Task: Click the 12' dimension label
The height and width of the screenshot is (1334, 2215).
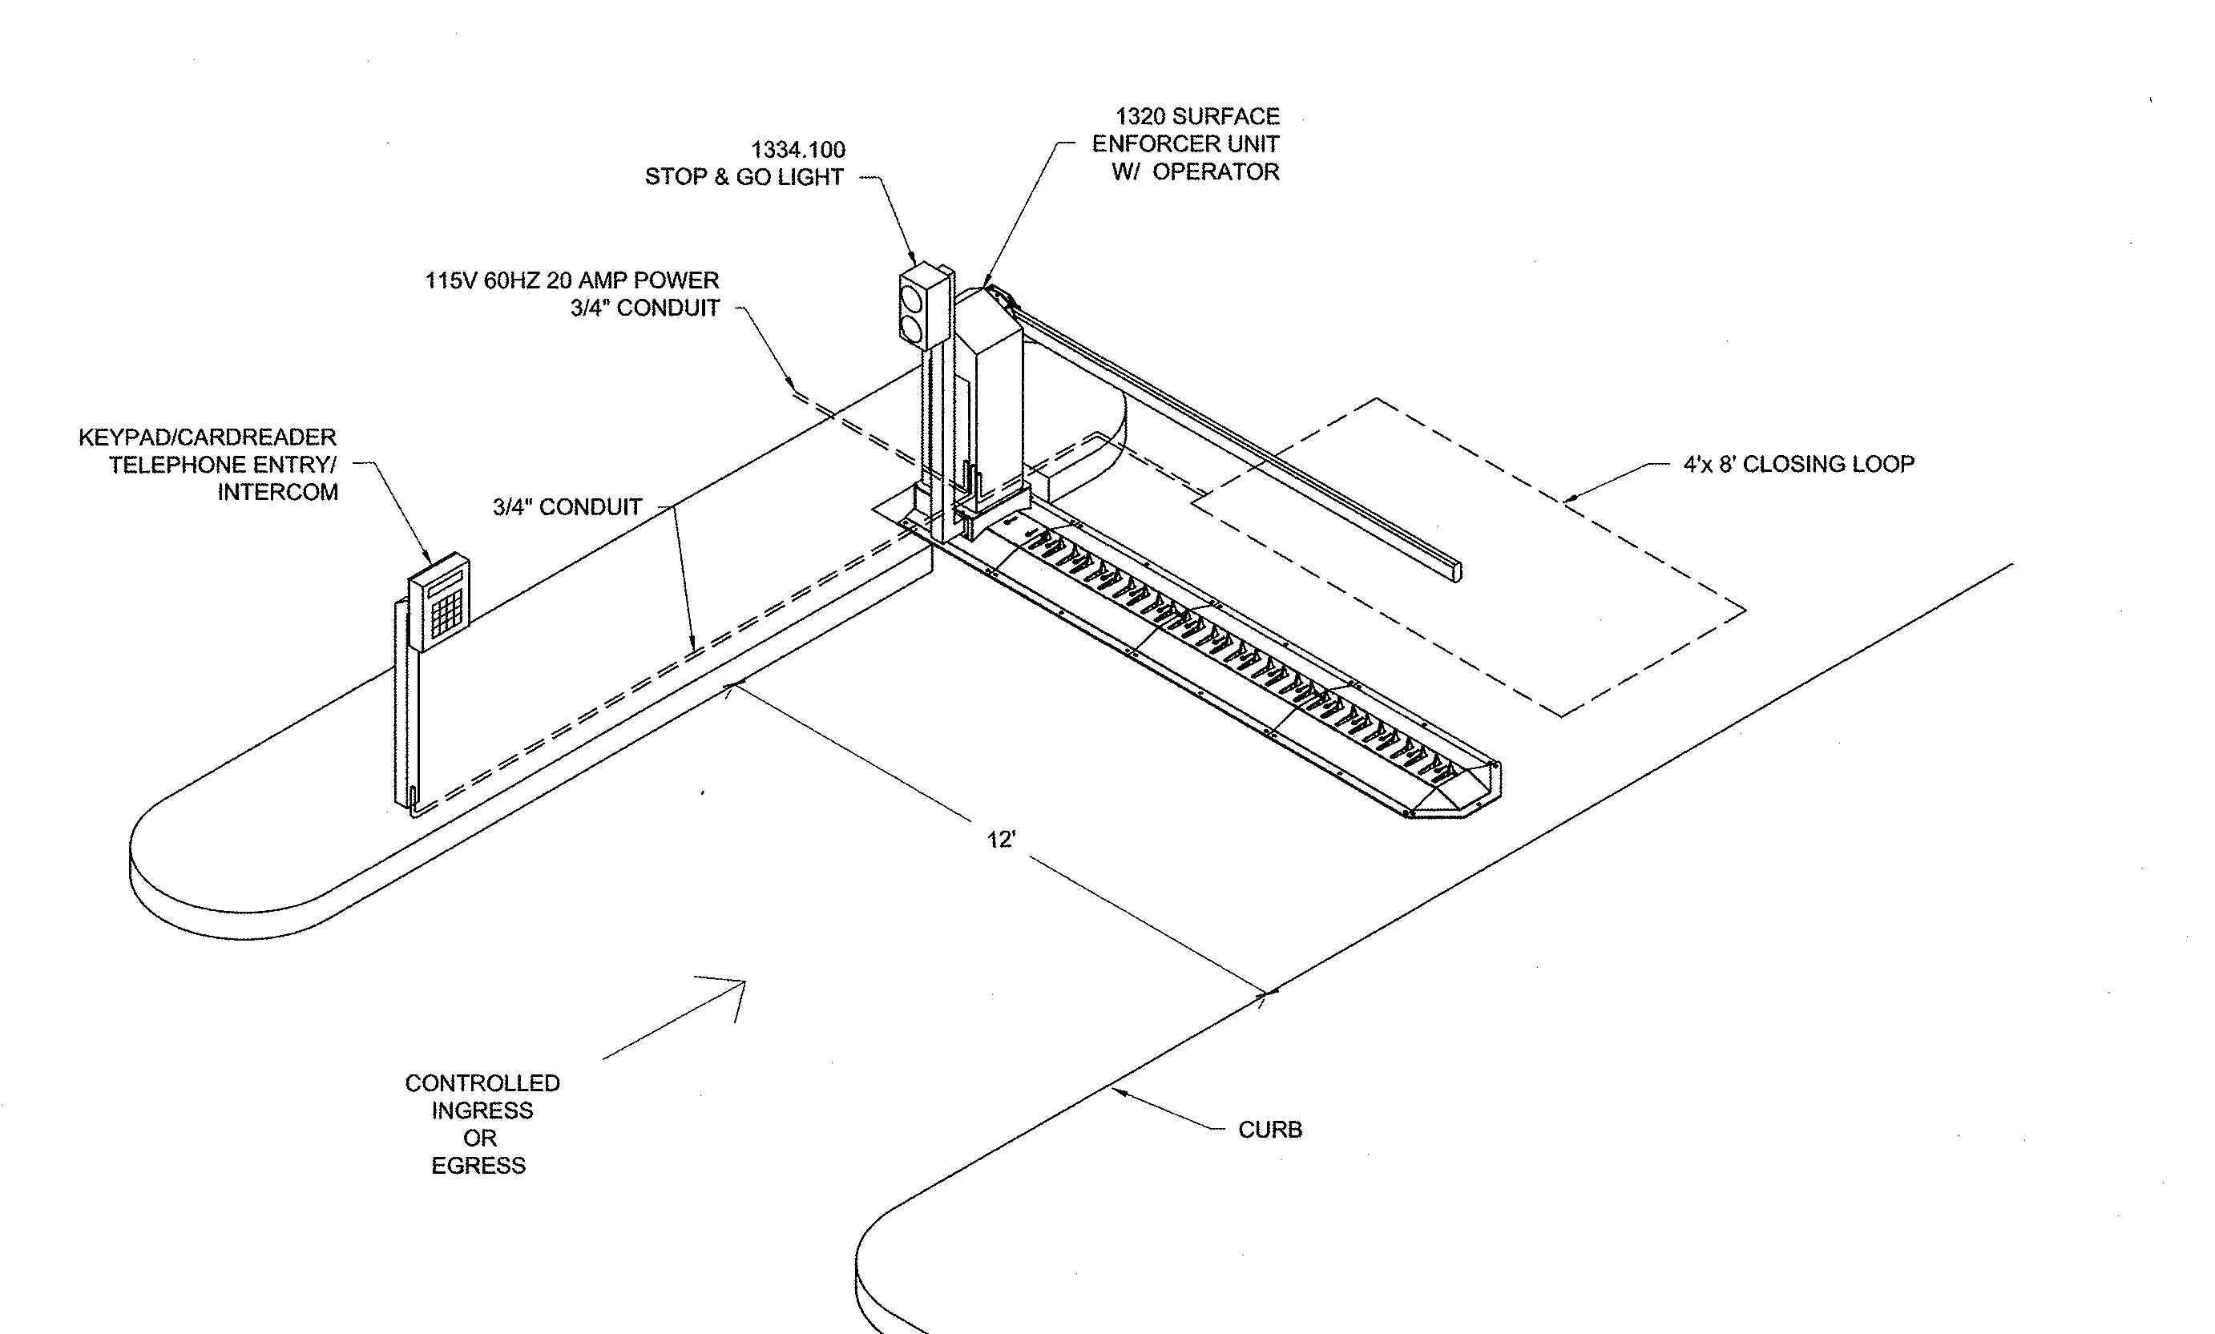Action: (1001, 840)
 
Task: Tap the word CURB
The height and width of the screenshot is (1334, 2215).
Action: (1269, 1130)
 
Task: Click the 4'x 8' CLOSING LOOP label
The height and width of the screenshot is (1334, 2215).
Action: (1798, 464)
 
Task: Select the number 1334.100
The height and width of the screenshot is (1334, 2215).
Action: (798, 149)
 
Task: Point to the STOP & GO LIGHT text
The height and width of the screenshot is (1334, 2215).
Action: (744, 177)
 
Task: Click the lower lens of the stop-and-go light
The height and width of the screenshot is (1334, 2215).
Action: (914, 328)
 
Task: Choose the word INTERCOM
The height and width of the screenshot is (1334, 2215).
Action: (278, 493)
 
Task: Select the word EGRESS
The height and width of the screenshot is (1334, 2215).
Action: (478, 1166)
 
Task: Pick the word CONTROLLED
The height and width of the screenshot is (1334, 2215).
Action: (482, 1083)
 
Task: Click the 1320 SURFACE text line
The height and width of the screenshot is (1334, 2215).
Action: (1197, 116)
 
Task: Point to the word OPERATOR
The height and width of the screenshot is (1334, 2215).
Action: (1216, 171)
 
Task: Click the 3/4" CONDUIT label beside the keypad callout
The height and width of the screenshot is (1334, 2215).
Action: (567, 507)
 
